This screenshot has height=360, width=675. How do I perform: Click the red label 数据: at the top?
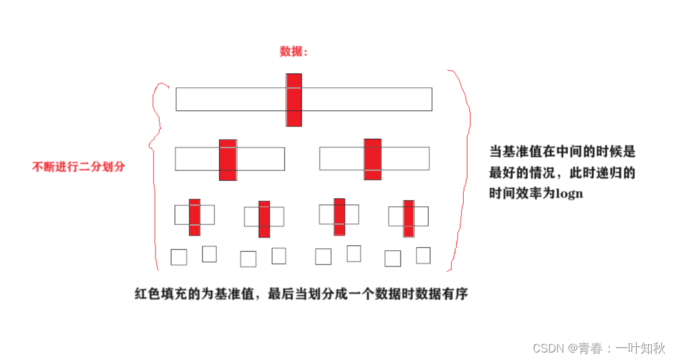(x=293, y=52)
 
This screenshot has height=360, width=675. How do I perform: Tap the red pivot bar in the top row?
(x=294, y=100)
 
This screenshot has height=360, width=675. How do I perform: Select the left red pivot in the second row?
(x=228, y=160)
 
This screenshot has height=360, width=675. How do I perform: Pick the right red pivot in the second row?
(x=372, y=159)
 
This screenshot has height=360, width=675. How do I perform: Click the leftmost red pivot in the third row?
(x=195, y=217)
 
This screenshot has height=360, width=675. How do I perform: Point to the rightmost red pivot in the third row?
(x=409, y=218)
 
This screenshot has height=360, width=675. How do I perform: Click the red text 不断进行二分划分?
(x=78, y=167)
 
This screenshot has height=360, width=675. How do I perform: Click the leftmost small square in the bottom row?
(x=179, y=257)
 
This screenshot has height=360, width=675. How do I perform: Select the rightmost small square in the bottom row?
(x=423, y=255)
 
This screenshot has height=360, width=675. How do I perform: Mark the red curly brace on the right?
(x=464, y=169)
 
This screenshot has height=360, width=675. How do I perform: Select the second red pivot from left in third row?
(x=264, y=219)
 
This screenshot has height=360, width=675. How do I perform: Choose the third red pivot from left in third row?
(x=339, y=216)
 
